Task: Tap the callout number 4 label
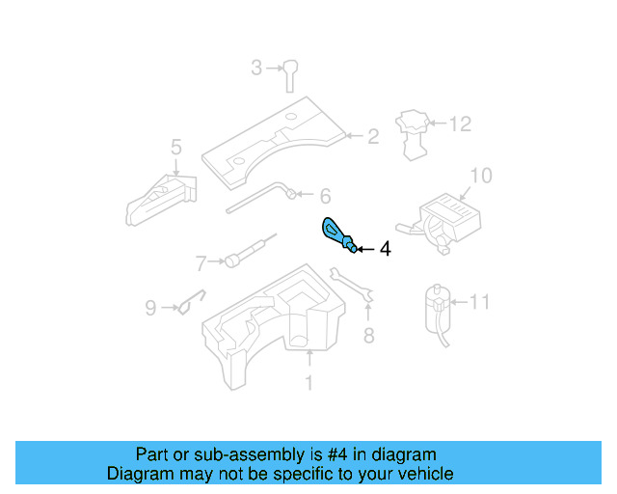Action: (x=385, y=249)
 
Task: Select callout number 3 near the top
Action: (x=256, y=68)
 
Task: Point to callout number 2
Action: (x=372, y=137)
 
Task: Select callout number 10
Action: (x=480, y=176)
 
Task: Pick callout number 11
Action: (x=479, y=302)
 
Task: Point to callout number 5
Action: (x=175, y=147)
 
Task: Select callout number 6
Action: (x=325, y=194)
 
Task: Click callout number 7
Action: (x=201, y=261)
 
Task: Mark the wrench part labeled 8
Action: (x=352, y=287)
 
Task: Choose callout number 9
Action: (x=150, y=309)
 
